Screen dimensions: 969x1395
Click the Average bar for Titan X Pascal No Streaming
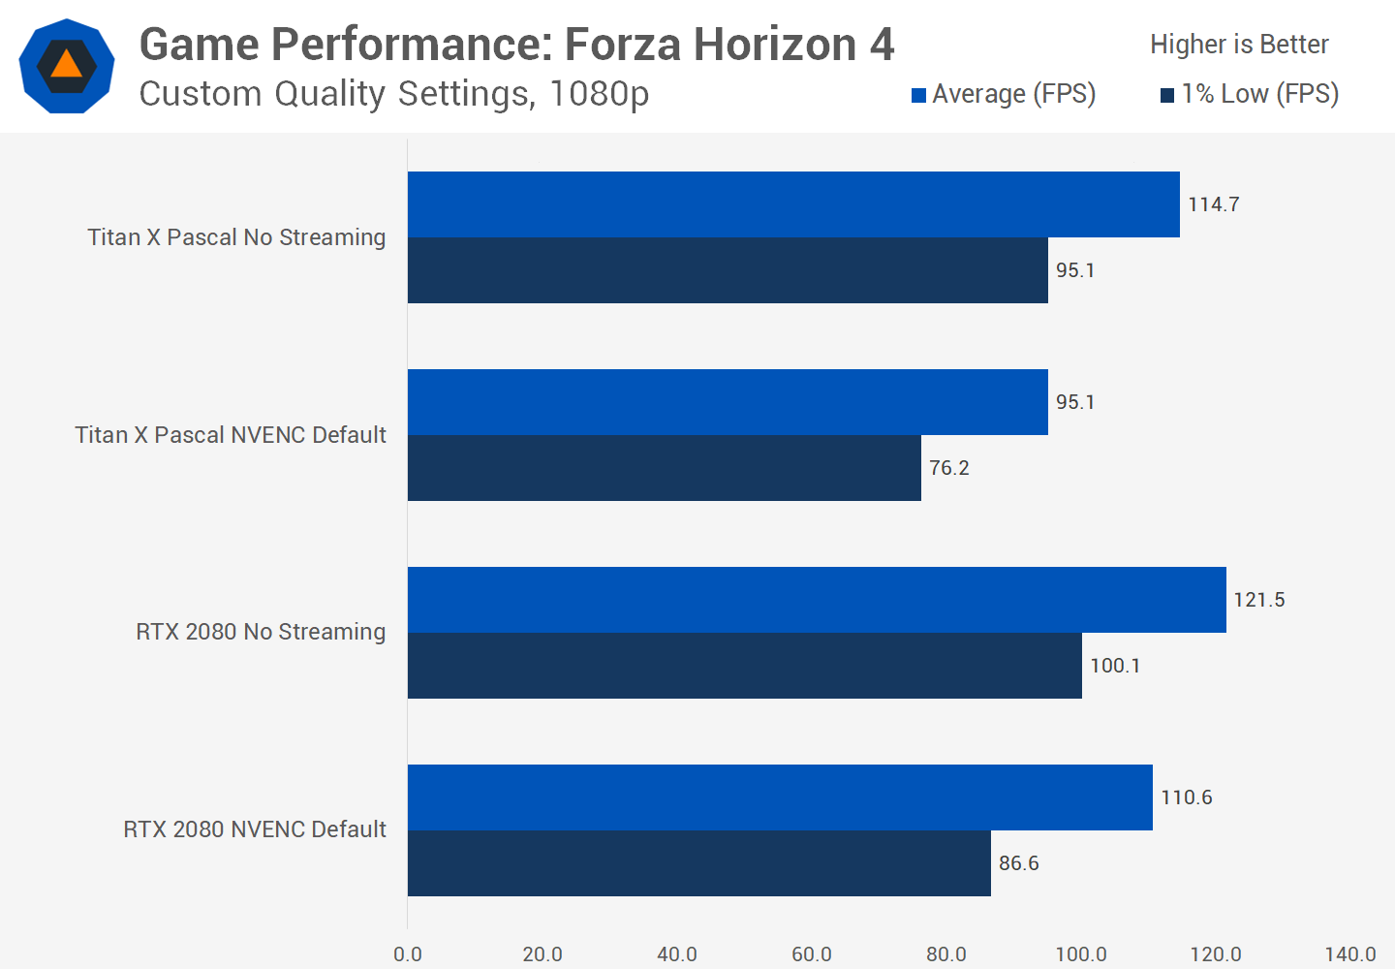click(x=793, y=204)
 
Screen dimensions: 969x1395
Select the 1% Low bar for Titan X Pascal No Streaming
click(x=728, y=270)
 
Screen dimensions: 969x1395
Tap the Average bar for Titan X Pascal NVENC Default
click(x=728, y=402)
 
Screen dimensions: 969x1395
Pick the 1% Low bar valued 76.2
click(x=665, y=468)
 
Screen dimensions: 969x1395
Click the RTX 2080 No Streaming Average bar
click(x=817, y=600)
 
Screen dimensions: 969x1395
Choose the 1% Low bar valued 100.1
click(x=744, y=666)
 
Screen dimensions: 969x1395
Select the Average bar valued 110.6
click(x=780, y=797)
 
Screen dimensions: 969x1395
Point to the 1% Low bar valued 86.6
click(x=699, y=863)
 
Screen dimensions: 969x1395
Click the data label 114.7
click(x=1213, y=204)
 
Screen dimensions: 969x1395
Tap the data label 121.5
click(x=1258, y=600)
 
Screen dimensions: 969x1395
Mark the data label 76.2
click(x=948, y=468)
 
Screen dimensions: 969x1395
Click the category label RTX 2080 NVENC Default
click(x=254, y=829)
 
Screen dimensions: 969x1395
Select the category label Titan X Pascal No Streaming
click(x=236, y=237)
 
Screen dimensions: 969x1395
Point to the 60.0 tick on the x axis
click(x=812, y=954)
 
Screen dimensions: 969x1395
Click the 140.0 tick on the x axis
click(x=1350, y=954)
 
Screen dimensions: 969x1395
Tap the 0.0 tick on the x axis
click(x=408, y=954)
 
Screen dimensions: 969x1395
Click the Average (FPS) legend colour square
click(x=918, y=95)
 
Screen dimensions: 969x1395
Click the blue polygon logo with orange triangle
click(x=67, y=66)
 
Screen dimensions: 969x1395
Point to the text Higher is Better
click(x=1239, y=45)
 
